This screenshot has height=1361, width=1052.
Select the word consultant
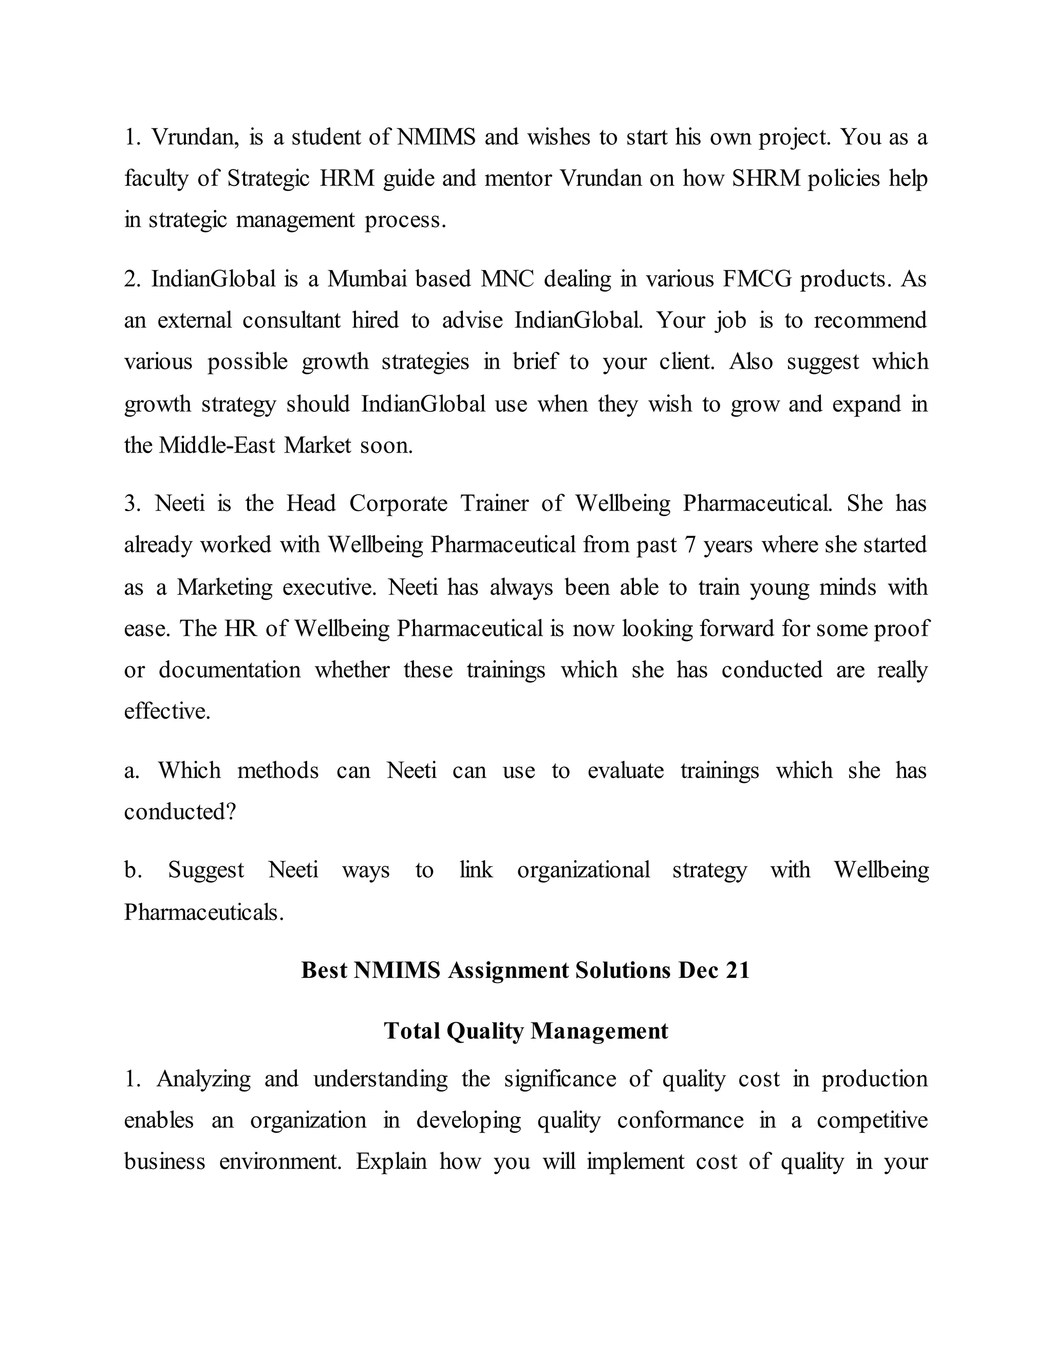tap(291, 320)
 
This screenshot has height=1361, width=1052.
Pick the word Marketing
tap(224, 587)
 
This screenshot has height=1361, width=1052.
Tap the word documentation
tap(229, 670)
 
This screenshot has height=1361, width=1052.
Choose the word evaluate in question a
tap(625, 771)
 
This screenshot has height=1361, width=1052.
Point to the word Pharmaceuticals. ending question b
tap(204, 912)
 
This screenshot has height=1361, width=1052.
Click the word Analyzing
tap(203, 1079)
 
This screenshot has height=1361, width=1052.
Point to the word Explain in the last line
tap(391, 1162)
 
